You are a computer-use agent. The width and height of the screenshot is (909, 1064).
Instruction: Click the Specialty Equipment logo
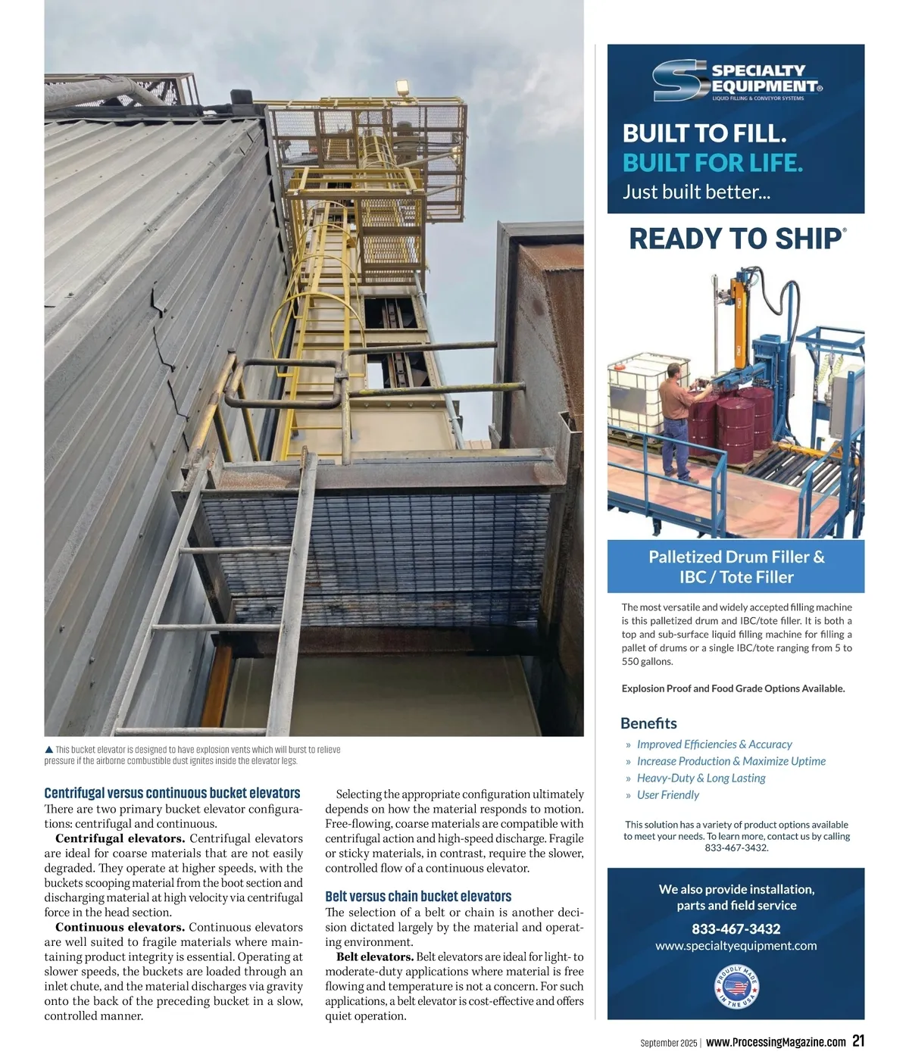pyautogui.click(x=736, y=81)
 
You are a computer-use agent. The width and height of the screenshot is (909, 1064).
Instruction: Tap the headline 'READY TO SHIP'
pyautogui.click(x=736, y=239)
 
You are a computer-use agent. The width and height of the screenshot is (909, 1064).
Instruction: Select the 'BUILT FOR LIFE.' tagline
pyautogui.click(x=712, y=163)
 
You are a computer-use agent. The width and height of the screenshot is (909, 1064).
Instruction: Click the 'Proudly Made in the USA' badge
pyautogui.click(x=736, y=987)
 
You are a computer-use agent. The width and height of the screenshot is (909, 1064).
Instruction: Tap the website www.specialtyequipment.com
pyautogui.click(x=736, y=946)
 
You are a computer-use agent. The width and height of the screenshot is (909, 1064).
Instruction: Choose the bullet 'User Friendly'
pyautogui.click(x=667, y=795)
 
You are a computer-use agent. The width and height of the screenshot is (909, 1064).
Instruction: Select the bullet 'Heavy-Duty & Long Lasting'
pyautogui.click(x=701, y=778)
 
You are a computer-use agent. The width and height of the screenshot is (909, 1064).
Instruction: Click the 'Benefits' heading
pyautogui.click(x=648, y=723)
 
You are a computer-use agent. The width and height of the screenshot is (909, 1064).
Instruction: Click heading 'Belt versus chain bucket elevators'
pyautogui.click(x=418, y=897)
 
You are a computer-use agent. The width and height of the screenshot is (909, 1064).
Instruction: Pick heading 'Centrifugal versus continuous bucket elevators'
pyautogui.click(x=172, y=794)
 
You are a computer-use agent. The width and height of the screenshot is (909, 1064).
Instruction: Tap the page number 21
pyautogui.click(x=857, y=1041)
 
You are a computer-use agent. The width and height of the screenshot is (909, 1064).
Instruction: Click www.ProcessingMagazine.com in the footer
pyautogui.click(x=776, y=1043)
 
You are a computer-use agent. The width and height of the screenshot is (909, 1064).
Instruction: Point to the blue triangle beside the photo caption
pyautogui.click(x=49, y=750)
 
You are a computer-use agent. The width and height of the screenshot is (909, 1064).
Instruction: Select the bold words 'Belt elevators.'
pyautogui.click(x=375, y=957)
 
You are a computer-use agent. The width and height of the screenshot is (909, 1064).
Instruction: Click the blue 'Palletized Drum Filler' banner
pyautogui.click(x=736, y=566)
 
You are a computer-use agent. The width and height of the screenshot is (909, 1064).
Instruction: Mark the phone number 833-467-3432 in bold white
pyautogui.click(x=736, y=929)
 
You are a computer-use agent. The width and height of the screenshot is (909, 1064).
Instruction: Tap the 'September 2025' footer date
pyautogui.click(x=668, y=1044)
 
